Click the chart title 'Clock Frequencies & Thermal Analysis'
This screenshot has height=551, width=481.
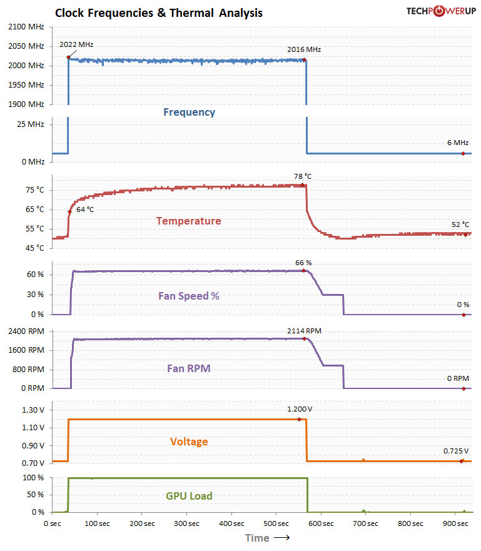159,13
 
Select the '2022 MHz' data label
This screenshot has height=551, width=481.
76,45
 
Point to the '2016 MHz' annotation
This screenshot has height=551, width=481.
304,49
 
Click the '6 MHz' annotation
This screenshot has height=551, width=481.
458,143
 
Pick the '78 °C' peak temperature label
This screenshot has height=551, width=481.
303,176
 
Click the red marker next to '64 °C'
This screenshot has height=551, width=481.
69,212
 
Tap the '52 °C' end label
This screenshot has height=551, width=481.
460,225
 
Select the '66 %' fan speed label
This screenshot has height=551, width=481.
303,263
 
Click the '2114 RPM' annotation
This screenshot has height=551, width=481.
305,330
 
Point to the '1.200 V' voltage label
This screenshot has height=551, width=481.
300,409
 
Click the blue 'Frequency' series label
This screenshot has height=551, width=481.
189,113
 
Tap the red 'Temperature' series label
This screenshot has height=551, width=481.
188,221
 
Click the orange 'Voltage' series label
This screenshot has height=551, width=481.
189,442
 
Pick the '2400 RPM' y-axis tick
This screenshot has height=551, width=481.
26,330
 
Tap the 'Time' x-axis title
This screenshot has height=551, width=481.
257,538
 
